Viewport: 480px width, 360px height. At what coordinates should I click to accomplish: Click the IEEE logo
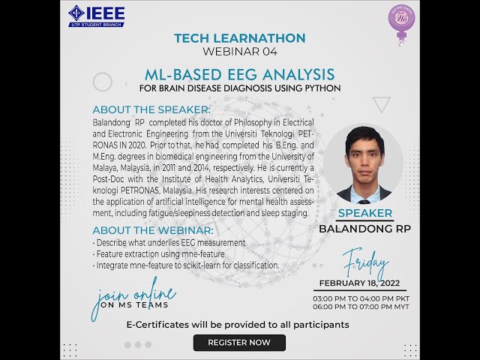[97, 15]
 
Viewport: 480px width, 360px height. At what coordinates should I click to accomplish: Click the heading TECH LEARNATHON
[239, 38]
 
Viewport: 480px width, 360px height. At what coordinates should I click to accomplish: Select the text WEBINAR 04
[239, 52]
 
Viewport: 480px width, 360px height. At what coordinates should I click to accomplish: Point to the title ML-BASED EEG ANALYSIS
[239, 74]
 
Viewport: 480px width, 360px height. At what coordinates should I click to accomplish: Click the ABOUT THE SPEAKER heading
[151, 109]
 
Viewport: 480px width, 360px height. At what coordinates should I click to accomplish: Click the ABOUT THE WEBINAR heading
[152, 230]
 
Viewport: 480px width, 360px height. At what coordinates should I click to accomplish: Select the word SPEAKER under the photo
[364, 214]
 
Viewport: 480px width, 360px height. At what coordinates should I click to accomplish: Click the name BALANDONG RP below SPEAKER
[364, 228]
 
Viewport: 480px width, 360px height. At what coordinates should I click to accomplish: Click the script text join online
[133, 295]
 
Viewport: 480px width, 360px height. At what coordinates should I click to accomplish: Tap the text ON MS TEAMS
[135, 304]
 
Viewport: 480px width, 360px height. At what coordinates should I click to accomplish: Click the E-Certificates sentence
[238, 325]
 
